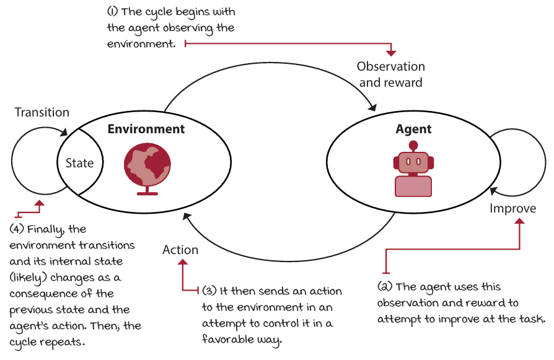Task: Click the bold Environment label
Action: (x=146, y=129)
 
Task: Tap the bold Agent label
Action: (x=413, y=130)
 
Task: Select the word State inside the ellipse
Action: (x=79, y=163)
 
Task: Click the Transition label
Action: (x=42, y=112)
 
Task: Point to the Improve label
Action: (x=512, y=208)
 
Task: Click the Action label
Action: (x=180, y=250)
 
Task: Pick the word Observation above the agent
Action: (x=391, y=66)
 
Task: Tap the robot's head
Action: (x=413, y=163)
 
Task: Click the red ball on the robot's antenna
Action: (x=413, y=145)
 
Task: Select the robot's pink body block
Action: (x=413, y=186)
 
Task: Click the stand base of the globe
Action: (x=147, y=193)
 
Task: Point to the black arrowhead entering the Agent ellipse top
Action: (x=372, y=107)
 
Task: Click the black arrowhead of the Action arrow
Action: (x=187, y=216)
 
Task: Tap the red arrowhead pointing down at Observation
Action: (x=391, y=53)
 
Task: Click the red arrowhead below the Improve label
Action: (x=519, y=221)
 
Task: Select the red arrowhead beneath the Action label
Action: (x=183, y=261)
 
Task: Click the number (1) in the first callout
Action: (x=112, y=11)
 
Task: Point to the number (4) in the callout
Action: (x=16, y=229)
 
